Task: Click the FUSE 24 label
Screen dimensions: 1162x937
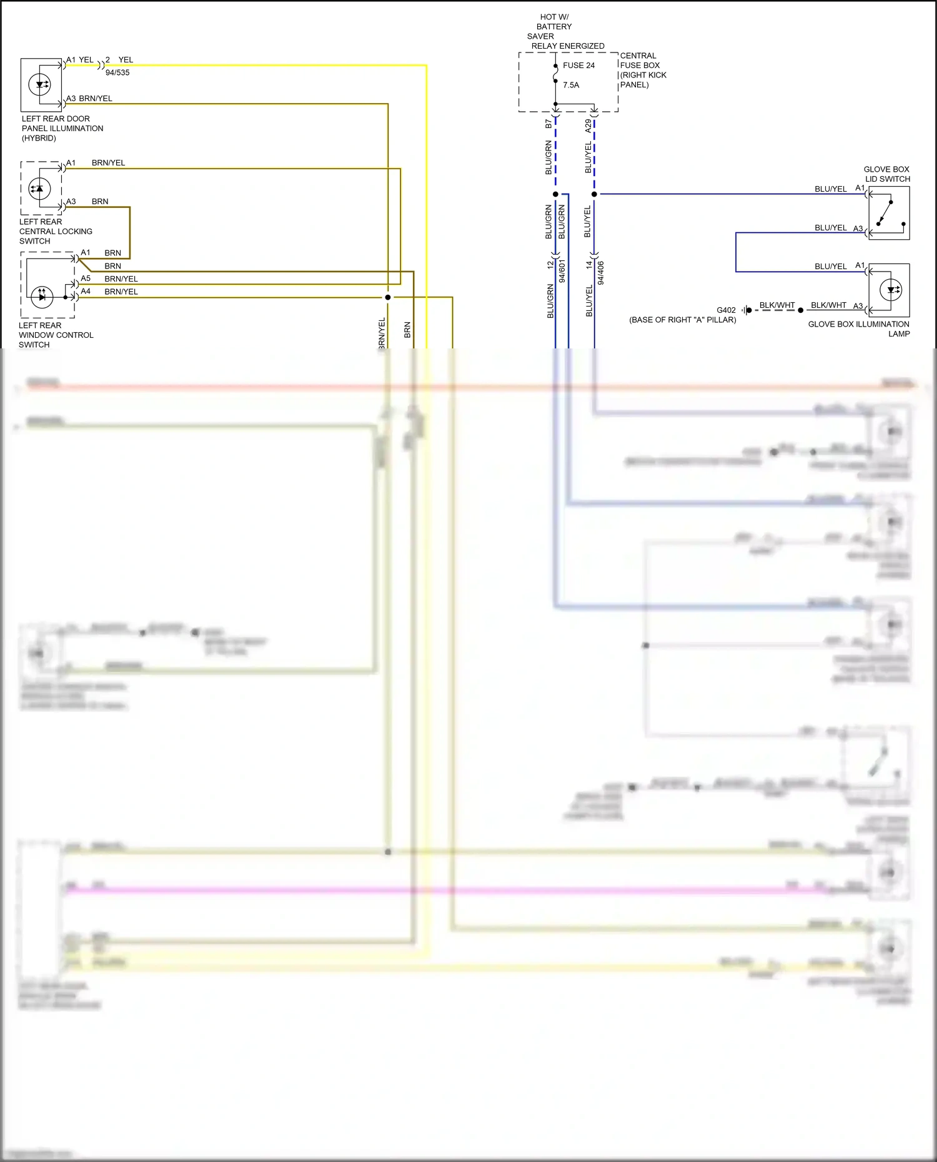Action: (578, 66)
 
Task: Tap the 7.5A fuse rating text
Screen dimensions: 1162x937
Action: (571, 85)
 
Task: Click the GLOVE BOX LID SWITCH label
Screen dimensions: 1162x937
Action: (886, 174)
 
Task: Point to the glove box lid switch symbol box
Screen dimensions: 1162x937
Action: (889, 213)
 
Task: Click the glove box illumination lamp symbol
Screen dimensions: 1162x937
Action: (890, 290)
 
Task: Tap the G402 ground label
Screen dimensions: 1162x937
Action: (726, 310)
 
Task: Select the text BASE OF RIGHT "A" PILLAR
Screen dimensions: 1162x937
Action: (682, 320)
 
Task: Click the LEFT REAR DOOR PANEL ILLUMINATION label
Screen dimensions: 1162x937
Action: (62, 128)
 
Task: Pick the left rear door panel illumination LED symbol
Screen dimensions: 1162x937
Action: (41, 84)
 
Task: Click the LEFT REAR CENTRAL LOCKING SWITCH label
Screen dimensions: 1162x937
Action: (55, 231)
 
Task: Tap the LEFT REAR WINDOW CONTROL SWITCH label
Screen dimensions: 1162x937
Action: (56, 335)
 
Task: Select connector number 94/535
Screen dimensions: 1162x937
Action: (117, 72)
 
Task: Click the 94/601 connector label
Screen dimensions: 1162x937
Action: (562, 271)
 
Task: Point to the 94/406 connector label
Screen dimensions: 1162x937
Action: (601, 273)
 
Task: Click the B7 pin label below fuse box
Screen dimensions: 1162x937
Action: (548, 124)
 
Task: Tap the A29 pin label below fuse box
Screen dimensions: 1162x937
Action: (588, 126)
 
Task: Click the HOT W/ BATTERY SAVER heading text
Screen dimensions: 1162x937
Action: (554, 27)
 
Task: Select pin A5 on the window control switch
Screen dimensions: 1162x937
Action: (86, 278)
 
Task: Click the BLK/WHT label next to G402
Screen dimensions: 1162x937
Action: (776, 305)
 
